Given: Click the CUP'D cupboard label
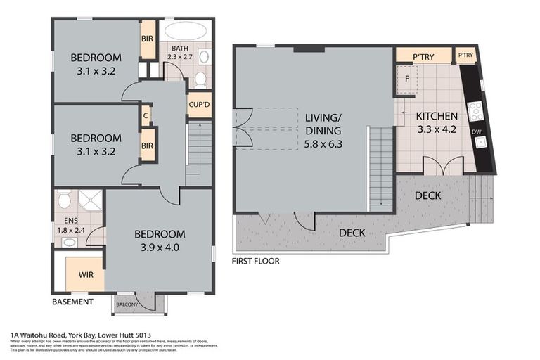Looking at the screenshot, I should [x=198, y=105].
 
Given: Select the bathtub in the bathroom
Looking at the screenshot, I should [x=185, y=32].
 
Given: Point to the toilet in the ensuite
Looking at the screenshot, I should [x=65, y=201].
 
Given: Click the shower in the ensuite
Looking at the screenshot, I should [x=90, y=201].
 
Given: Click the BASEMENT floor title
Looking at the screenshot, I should [x=72, y=302].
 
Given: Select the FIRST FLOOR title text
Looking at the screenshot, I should [x=255, y=261].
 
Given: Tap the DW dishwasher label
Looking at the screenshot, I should [x=477, y=131].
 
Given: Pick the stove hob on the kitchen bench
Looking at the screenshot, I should [x=476, y=110].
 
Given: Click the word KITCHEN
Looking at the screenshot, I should [x=437, y=116].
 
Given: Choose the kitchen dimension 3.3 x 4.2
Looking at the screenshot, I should [x=437, y=129].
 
